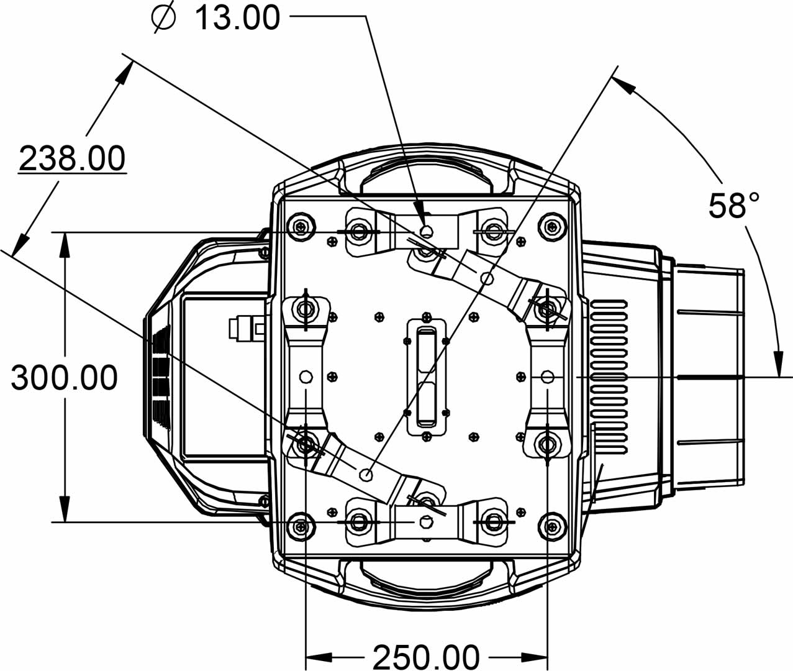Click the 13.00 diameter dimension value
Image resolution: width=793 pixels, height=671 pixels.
pos(238,17)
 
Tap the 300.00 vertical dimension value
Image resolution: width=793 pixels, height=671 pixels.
pos(64,378)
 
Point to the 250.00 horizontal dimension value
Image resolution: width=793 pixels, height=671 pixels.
pos(426,656)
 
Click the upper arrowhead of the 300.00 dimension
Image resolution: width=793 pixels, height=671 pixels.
pos(65,242)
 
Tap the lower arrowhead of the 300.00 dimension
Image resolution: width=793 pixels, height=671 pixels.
pos(65,511)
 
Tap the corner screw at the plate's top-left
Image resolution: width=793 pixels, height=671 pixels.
pos(303,226)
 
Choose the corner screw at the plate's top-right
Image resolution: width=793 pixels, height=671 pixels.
pos(551,226)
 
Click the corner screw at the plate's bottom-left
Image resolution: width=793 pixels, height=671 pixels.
pos(302,527)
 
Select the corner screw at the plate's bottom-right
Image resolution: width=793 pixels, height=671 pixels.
pos(551,527)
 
